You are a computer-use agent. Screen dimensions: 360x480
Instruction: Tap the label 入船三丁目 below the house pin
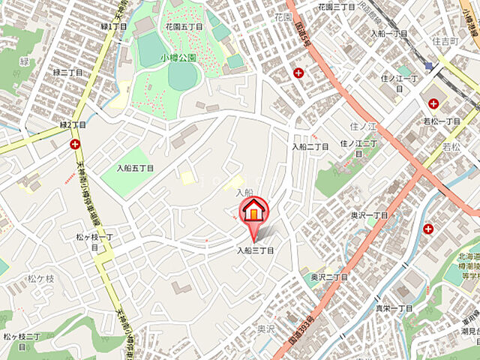pyautogui.click(x=256, y=250)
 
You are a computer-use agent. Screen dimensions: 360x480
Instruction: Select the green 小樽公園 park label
pyautogui.click(x=178, y=57)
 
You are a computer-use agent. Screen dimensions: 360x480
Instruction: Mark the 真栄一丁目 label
pyautogui.click(x=394, y=307)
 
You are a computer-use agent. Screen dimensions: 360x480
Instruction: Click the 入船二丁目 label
pyautogui.click(x=310, y=146)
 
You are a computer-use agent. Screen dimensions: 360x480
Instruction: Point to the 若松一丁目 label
pyautogui.click(x=442, y=121)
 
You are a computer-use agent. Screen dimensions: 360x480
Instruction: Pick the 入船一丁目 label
pyautogui.click(x=389, y=34)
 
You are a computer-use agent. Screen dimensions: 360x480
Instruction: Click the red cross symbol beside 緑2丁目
pyautogui.click(x=75, y=143)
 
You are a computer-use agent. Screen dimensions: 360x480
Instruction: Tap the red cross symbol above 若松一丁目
pyautogui.click(x=434, y=103)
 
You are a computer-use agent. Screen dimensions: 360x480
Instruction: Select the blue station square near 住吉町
pyautogui.click(x=428, y=66)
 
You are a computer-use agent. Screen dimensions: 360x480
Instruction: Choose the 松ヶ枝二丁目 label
pyautogui.click(x=27, y=342)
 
